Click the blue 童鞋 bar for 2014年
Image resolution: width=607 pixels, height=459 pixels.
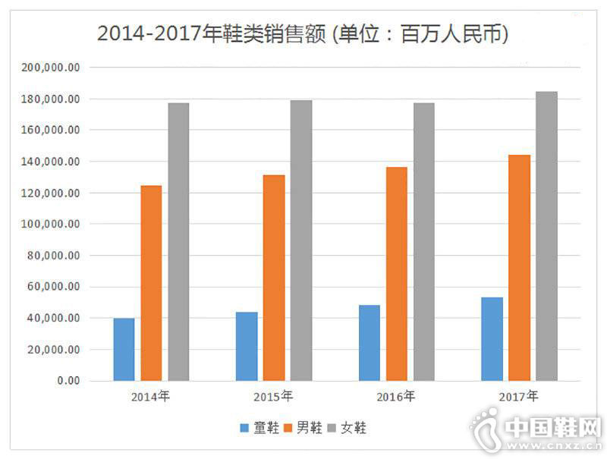[x=124, y=349]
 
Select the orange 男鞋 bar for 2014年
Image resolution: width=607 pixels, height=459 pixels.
[x=151, y=283]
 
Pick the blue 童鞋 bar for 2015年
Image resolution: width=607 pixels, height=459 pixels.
[x=247, y=346]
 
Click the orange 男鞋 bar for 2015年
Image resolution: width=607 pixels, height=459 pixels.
[x=274, y=278]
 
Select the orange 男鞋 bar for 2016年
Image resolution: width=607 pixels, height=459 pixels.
[x=397, y=274]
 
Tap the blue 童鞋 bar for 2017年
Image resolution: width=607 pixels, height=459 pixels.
[x=492, y=338]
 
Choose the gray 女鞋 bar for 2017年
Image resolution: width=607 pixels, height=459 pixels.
[x=546, y=236]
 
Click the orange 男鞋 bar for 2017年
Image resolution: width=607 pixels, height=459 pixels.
[x=519, y=268]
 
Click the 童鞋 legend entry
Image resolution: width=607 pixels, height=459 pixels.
[x=257, y=428]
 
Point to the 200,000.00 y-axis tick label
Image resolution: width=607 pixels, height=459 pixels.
[x=52, y=68]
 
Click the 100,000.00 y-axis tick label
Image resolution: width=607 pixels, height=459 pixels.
[x=52, y=225]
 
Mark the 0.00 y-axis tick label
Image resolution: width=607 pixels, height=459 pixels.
[x=68, y=381]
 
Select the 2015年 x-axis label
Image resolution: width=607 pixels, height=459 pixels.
[x=273, y=396]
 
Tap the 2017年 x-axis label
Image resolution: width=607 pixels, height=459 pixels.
[x=519, y=396]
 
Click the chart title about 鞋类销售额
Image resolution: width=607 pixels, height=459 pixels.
[x=303, y=33]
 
